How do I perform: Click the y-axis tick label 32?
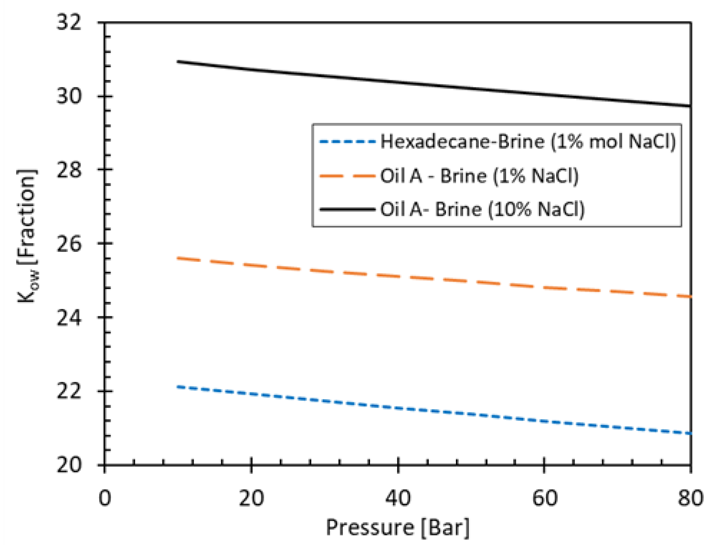click(x=69, y=23)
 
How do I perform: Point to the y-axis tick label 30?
click(x=69, y=96)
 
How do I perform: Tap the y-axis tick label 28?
click(x=69, y=170)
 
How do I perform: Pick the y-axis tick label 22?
click(x=69, y=391)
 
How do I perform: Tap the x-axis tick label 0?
click(x=105, y=498)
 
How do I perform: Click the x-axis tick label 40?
click(x=398, y=498)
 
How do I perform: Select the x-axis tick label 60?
click(x=544, y=498)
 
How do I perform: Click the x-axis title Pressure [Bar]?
click(x=397, y=527)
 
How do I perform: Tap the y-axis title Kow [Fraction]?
click(x=27, y=236)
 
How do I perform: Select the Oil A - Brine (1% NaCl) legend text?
click(x=479, y=176)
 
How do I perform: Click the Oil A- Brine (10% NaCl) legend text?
click(x=482, y=209)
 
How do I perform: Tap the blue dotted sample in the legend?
click(x=347, y=142)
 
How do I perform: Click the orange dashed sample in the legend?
click(x=347, y=176)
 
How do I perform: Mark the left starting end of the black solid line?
click(x=178, y=62)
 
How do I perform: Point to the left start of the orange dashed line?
click(x=178, y=258)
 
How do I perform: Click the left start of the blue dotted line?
click(x=178, y=387)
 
